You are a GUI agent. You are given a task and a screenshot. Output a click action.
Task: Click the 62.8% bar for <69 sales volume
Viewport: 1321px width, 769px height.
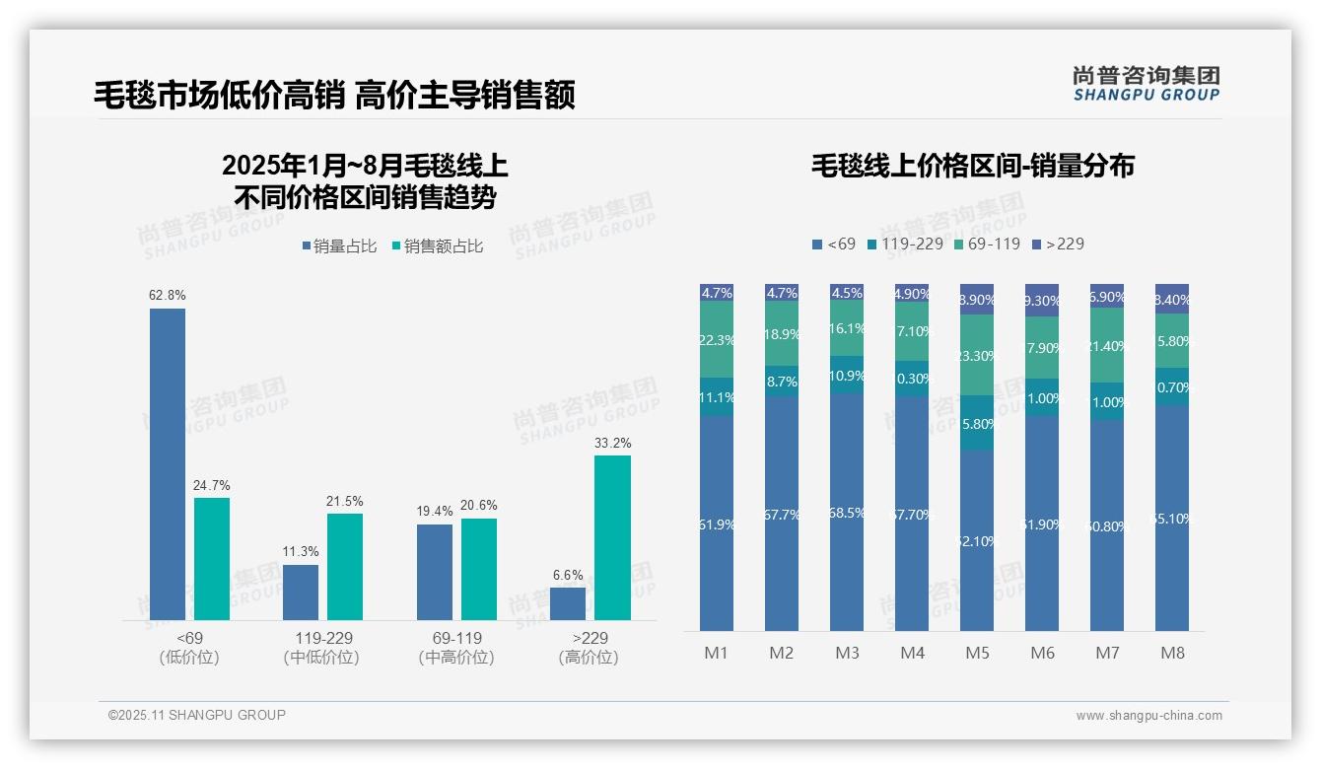click(x=168, y=463)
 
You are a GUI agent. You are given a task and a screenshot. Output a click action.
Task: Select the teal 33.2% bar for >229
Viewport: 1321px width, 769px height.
click(x=612, y=537)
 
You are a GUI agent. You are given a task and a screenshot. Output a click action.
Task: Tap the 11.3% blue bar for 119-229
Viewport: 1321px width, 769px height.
click(x=301, y=592)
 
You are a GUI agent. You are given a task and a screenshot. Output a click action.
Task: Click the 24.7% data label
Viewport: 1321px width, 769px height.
click(x=211, y=485)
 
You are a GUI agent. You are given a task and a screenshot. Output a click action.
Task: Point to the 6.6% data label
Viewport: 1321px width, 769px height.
click(x=568, y=575)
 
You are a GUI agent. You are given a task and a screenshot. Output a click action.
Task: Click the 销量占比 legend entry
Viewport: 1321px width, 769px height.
click(x=339, y=246)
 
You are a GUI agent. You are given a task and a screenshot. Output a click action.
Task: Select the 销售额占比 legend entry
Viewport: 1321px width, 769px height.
click(x=438, y=246)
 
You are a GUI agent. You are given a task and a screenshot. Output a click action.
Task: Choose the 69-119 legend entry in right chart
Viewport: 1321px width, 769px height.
click(x=988, y=244)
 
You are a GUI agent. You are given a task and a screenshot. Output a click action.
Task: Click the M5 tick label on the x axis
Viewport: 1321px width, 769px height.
click(x=977, y=653)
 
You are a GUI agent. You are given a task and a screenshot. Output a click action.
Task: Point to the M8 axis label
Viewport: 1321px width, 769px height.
click(x=1172, y=653)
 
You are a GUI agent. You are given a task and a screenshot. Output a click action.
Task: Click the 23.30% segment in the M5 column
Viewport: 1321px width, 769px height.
click(x=977, y=355)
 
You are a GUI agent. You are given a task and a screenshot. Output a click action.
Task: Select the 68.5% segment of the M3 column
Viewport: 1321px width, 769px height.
click(x=847, y=513)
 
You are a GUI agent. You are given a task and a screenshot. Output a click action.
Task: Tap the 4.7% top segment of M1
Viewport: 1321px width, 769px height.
click(x=717, y=293)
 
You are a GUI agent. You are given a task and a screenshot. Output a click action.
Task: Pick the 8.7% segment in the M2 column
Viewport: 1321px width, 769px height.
click(x=782, y=381)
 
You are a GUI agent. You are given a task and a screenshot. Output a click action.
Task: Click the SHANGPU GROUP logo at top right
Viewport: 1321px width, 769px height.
click(x=1146, y=84)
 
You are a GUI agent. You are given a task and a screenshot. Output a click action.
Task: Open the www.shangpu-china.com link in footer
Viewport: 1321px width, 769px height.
click(x=1148, y=716)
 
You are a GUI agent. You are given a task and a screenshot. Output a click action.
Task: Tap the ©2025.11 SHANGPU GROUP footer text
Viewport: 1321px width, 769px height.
click(x=197, y=715)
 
